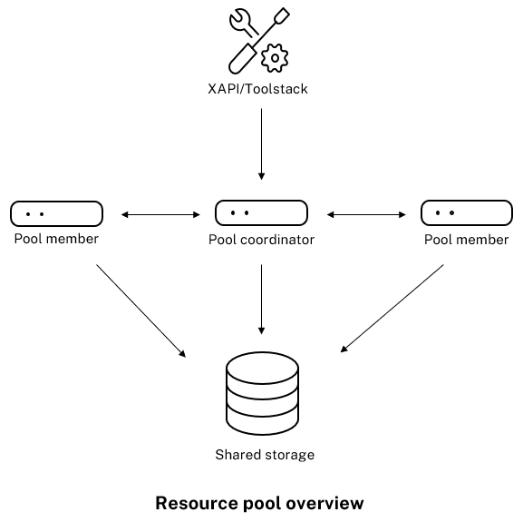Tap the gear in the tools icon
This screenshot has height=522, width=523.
click(274, 59)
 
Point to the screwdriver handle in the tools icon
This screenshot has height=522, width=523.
click(242, 60)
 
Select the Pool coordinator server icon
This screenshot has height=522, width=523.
click(261, 213)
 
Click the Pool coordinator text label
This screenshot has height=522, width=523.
click(261, 240)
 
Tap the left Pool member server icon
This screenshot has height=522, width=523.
click(56, 213)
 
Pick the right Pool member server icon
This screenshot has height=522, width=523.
click(467, 213)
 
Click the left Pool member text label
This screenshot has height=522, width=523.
click(56, 239)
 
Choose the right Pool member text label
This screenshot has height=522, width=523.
click(467, 240)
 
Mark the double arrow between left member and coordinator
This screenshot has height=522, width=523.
click(160, 214)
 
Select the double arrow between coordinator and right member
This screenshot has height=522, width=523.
click(365, 214)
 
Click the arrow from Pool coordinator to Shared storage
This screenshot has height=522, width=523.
click(261, 300)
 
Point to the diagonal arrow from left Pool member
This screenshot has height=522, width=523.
click(140, 310)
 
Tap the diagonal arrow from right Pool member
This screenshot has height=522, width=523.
click(392, 308)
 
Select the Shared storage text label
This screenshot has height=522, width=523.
click(264, 454)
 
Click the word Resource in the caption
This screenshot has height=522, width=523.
click(190, 503)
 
